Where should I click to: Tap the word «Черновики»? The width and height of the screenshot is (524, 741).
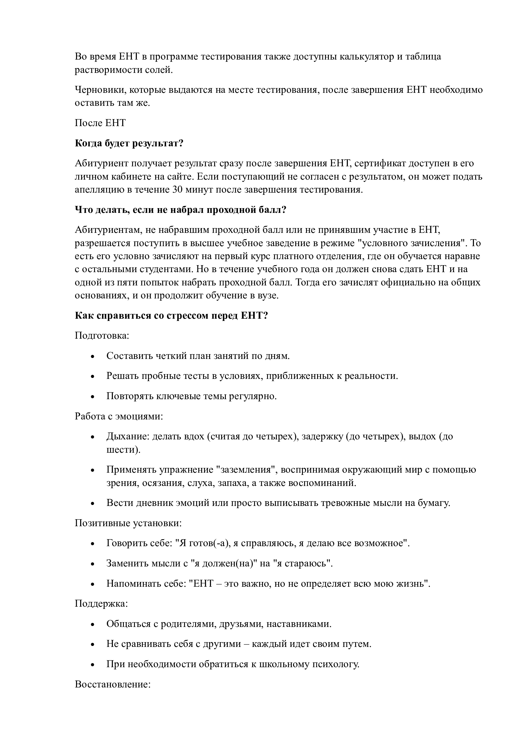coord(100,90)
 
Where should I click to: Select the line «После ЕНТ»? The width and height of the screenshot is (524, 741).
coord(100,123)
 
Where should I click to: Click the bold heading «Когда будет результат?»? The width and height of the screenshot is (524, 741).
coord(129,143)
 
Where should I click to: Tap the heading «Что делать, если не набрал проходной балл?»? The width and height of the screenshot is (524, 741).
coord(181,210)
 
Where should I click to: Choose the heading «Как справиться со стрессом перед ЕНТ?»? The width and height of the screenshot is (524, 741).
coord(171,315)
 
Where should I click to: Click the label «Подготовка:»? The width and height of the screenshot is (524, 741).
coord(102,335)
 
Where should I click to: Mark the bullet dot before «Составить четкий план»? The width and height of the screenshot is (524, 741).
coord(93,357)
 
